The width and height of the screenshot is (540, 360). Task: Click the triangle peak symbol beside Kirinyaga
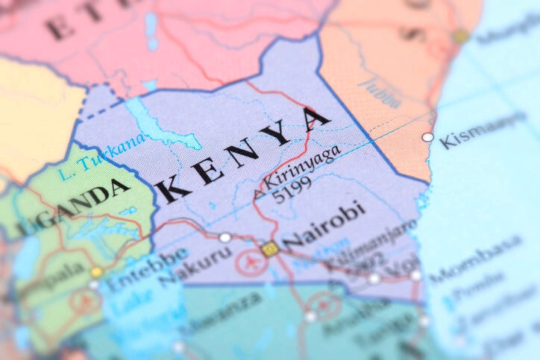pos(258,195)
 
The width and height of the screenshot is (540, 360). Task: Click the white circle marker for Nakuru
pos(225,238)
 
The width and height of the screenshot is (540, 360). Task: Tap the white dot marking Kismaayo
pos(427,137)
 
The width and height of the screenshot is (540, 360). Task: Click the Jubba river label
pos(380,90)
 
